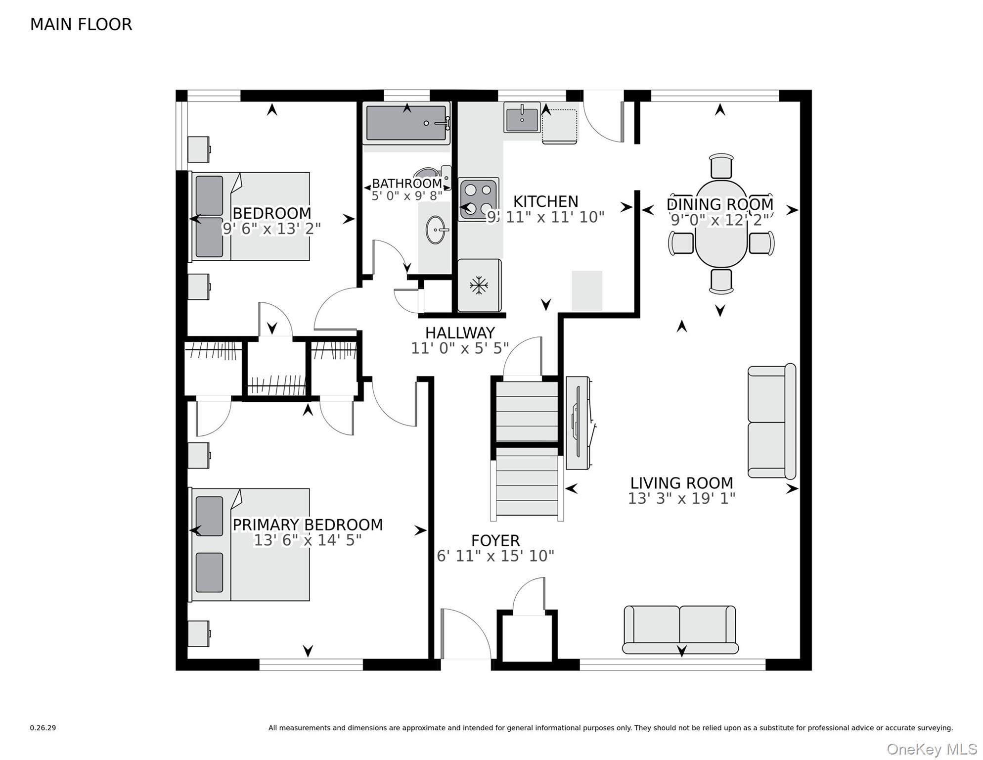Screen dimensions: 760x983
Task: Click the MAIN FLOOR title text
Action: pyautogui.click(x=81, y=24)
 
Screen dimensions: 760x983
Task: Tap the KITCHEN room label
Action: pyautogui.click(x=545, y=201)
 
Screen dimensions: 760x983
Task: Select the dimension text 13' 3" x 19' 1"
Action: pyautogui.click(x=681, y=498)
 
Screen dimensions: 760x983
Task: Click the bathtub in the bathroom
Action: pyautogui.click(x=406, y=123)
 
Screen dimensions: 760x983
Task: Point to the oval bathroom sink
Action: pyautogui.click(x=436, y=230)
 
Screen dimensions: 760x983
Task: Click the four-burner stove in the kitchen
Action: pyautogui.click(x=478, y=199)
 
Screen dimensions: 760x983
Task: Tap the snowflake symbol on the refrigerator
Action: pyautogui.click(x=479, y=285)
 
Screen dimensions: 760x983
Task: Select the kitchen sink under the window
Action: pyautogui.click(x=522, y=118)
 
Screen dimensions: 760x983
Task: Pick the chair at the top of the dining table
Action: pyautogui.click(x=721, y=165)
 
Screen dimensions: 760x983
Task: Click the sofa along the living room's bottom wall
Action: pyautogui.click(x=680, y=629)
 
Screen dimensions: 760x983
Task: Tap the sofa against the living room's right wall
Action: pyautogui.click(x=770, y=422)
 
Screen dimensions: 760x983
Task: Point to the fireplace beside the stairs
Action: pyautogui.click(x=578, y=423)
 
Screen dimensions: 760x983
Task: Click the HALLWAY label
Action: pyautogui.click(x=460, y=332)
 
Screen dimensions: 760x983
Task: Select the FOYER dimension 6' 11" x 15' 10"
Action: pyautogui.click(x=495, y=556)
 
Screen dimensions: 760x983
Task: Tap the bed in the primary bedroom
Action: pyautogui.click(x=250, y=545)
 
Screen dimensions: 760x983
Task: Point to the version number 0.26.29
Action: pyautogui.click(x=43, y=728)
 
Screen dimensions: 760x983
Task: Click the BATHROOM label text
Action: pyautogui.click(x=406, y=184)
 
